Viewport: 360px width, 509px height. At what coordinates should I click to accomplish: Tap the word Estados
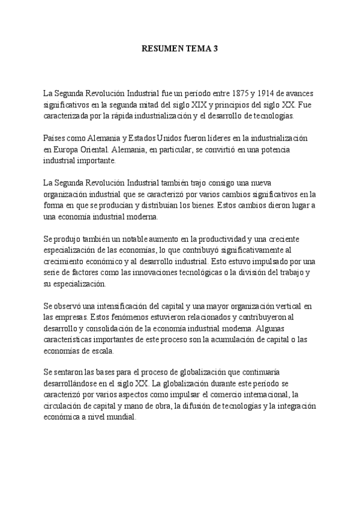click(139, 137)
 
